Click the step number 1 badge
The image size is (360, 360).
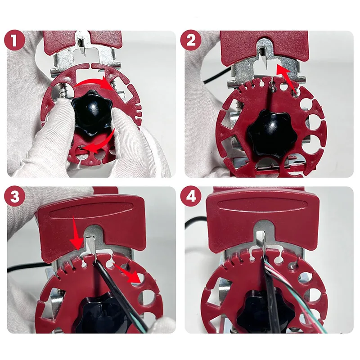point(14,40)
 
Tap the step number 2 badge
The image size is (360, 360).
point(191,40)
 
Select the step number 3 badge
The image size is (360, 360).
point(14,196)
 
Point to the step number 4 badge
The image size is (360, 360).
point(191,196)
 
